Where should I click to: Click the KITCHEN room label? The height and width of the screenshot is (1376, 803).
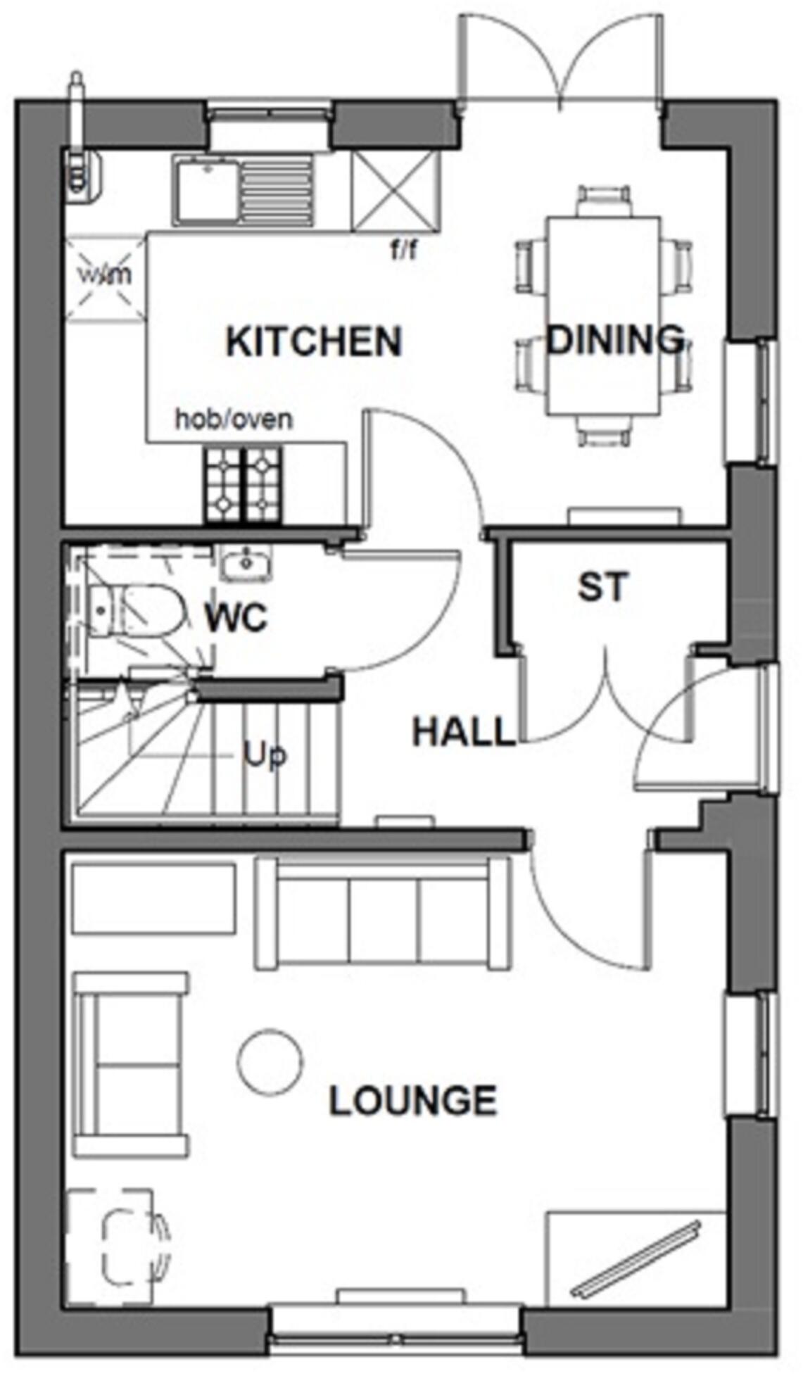pos(314,342)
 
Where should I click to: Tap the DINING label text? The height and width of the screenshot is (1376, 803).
pos(615,340)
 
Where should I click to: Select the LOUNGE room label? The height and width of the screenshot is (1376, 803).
pos(413,1102)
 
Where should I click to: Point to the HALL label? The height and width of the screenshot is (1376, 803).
pos(463,732)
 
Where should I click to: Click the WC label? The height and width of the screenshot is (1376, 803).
pos(236,619)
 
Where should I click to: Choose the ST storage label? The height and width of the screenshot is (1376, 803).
pos(603,588)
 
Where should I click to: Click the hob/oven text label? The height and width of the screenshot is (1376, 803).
pos(234,420)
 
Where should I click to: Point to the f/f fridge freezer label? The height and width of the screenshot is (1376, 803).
pos(404,250)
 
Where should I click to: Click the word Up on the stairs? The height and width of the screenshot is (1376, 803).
pos(265,755)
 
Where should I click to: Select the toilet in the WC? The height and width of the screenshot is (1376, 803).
pos(137,611)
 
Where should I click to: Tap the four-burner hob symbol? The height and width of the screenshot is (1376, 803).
pos(244,485)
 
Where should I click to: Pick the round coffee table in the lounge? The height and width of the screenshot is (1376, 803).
pos(270,1061)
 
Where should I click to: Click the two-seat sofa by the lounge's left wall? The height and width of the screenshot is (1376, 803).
pos(130,1065)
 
